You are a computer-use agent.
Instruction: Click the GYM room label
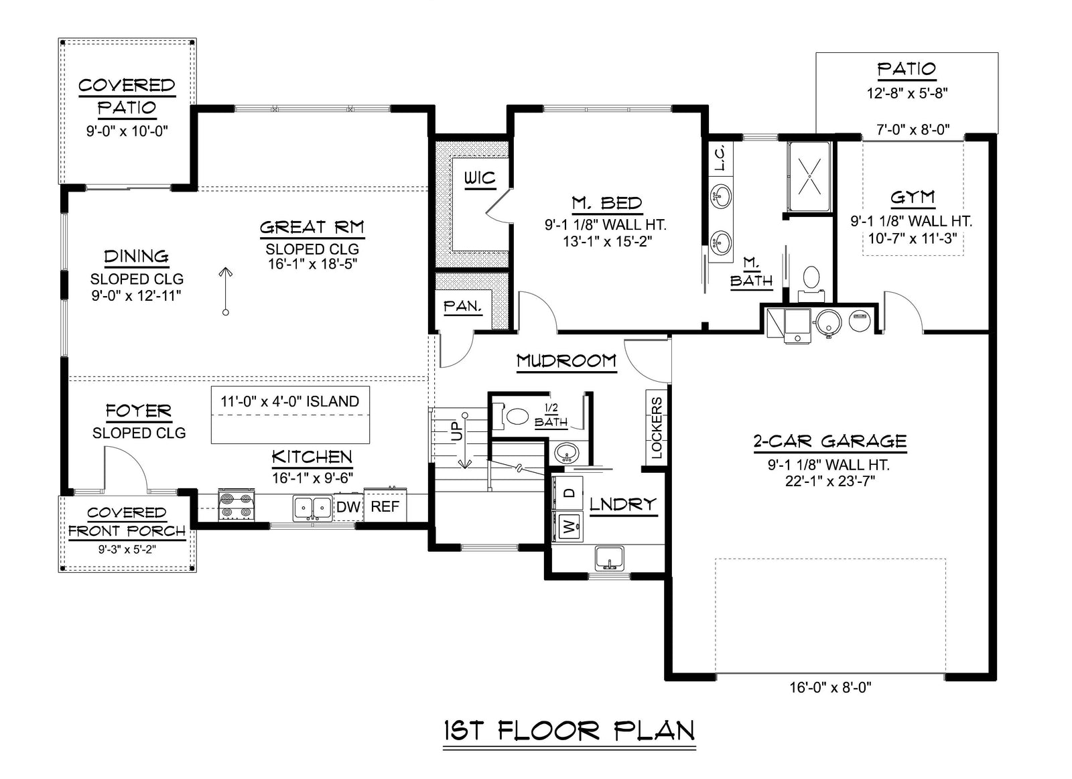coord(912,198)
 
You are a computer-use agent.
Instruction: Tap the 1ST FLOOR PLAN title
coord(569,730)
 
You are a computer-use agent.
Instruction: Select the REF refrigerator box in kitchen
coord(385,506)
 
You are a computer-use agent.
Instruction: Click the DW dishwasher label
coord(348,507)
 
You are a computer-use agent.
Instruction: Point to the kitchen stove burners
coord(237,506)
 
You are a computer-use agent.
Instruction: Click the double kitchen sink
coord(312,507)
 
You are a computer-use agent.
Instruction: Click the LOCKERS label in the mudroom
coord(657,428)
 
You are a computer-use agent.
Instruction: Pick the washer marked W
coord(569,528)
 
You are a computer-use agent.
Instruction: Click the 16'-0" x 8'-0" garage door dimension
coord(830,687)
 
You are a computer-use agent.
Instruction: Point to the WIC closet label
coord(480,178)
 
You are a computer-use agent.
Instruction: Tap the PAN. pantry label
coord(463,306)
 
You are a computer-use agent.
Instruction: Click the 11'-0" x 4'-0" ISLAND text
coord(290,401)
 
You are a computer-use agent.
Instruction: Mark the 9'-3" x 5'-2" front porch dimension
coord(127,550)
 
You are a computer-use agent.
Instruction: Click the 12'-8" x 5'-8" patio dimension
coord(907,93)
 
